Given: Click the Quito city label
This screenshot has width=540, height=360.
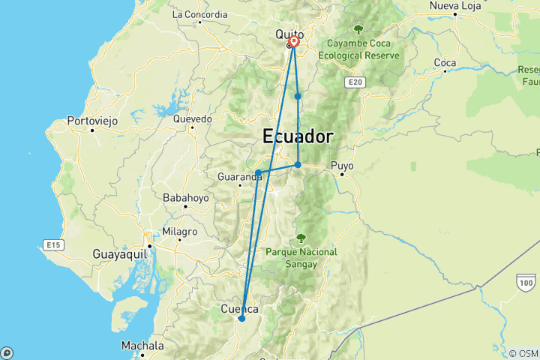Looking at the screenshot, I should pos(289,34).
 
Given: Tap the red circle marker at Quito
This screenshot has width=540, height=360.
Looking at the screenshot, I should pos(294,43).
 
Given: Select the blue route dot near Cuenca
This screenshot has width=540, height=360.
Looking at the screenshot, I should pos(241,319).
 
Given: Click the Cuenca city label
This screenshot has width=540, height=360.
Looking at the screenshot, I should pos(240,309).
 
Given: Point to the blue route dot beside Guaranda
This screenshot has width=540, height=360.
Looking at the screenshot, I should pos(258,173).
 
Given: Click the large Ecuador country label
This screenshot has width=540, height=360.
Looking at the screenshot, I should pos(297,137).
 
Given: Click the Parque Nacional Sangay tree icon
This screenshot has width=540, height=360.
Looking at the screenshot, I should pos(301,238).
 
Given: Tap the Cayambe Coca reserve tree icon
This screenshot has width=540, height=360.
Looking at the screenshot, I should pos(358,29).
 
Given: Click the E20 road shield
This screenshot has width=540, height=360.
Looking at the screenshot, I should pos(355,81).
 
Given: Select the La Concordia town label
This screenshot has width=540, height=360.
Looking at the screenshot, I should pos(199,14).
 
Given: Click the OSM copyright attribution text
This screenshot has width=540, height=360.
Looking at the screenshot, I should pos(523,353).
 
